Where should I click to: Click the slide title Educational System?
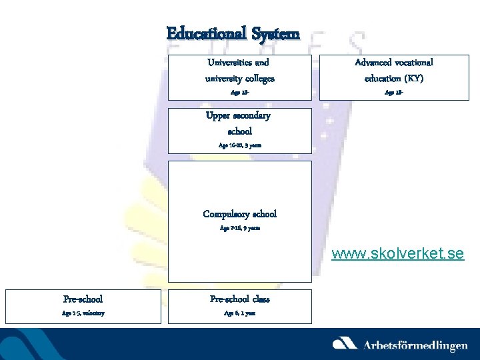[x=233, y=33]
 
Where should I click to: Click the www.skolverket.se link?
[x=398, y=254]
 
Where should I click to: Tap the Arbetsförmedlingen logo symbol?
[x=345, y=343]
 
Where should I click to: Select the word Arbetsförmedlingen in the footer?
[x=415, y=345]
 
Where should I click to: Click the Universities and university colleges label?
[x=239, y=71]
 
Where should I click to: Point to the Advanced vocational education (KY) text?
[x=394, y=71]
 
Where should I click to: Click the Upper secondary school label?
[x=239, y=123]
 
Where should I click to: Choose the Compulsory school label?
[x=239, y=214]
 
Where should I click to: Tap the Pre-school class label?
[x=239, y=299]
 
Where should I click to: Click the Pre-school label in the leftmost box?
[x=83, y=299]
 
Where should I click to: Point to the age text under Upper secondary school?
[x=239, y=145]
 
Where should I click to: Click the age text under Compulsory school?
[x=239, y=228]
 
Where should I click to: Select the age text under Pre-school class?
[x=239, y=313]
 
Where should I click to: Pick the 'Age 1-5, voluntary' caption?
[x=83, y=313]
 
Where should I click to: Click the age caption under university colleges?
[x=239, y=93]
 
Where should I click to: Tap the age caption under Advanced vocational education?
[x=394, y=93]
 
